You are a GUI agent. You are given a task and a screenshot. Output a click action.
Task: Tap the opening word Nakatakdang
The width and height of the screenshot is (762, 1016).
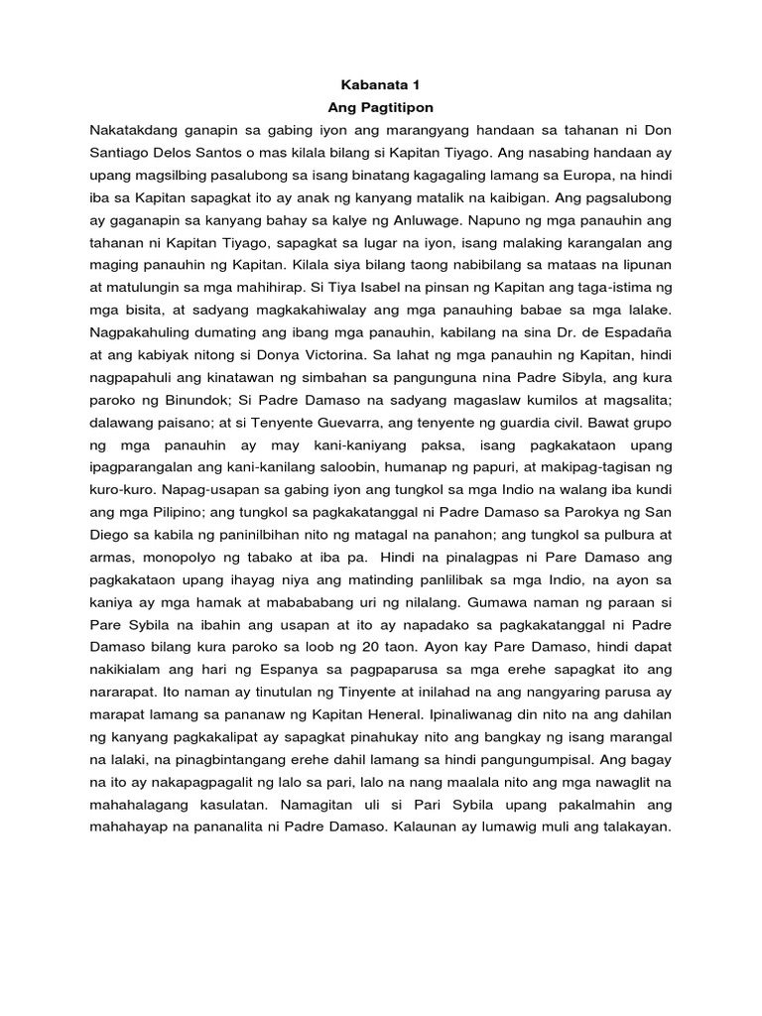133,130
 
